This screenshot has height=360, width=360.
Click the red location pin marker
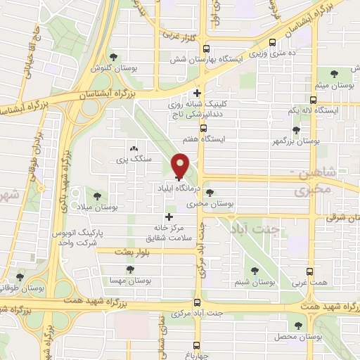tap(181, 166)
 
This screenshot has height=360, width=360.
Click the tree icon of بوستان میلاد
tap(97, 196)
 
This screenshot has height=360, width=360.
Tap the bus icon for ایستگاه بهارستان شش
tap(205, 49)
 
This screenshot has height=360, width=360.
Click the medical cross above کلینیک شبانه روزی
tap(198, 92)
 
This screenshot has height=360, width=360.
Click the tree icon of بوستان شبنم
tap(255, 270)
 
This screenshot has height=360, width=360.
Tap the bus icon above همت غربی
tap(310, 271)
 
